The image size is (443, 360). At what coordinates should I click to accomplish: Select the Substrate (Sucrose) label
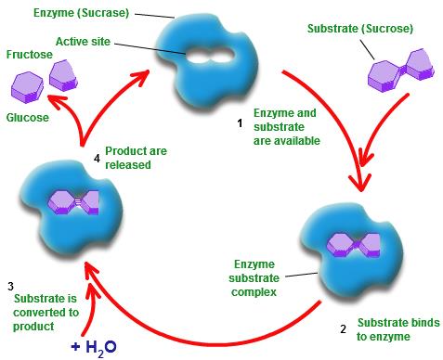tap(355, 29)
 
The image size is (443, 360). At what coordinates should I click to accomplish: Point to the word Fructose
tap(29, 55)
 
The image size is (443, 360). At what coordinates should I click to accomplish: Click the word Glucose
tap(28, 118)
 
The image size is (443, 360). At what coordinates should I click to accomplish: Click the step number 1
tap(241, 122)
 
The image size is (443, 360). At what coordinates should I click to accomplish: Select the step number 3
tap(10, 284)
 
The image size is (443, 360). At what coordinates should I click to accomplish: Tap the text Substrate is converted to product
tap(46, 311)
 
